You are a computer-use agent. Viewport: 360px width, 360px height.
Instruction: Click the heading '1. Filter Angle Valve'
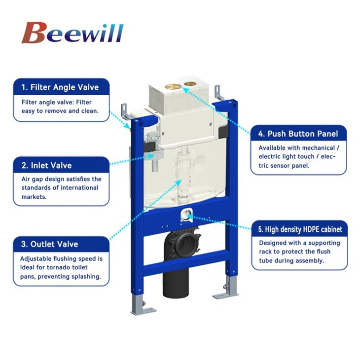coord(60,87)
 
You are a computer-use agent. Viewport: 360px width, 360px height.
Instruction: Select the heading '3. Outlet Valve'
coord(49,244)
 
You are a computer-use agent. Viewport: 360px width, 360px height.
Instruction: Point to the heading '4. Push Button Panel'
coord(299,134)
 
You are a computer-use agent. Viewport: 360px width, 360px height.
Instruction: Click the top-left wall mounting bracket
coord(125,112)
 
